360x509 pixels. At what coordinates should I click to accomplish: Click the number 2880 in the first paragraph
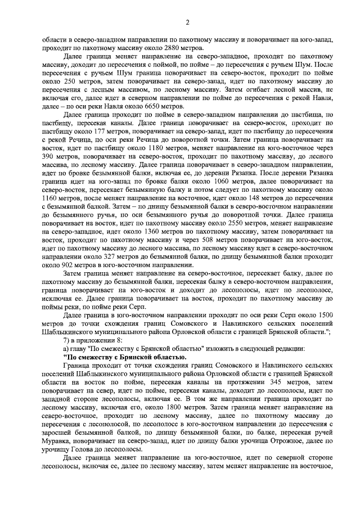(x=155, y=49)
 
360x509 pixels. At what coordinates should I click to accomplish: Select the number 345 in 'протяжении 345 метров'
(x=256, y=382)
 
